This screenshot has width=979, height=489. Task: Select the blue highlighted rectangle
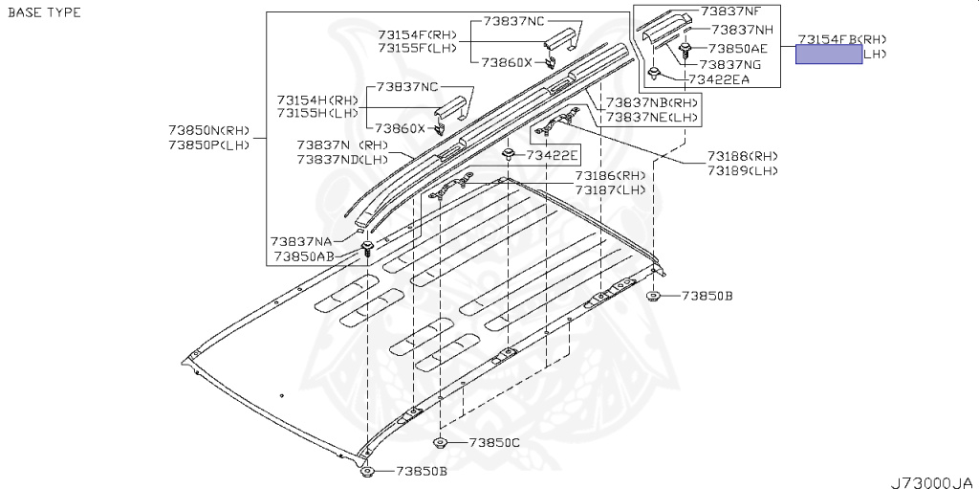click(x=828, y=55)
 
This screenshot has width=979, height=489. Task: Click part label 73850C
click(x=494, y=443)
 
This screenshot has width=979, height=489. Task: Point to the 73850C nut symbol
click(x=440, y=442)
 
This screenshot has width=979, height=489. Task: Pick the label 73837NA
click(x=301, y=242)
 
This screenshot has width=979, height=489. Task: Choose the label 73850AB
click(x=302, y=256)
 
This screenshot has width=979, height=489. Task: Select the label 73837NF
click(x=731, y=11)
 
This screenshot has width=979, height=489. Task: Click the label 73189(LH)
click(x=743, y=170)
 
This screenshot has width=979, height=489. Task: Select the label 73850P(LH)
click(x=208, y=144)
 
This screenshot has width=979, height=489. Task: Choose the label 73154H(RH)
click(x=318, y=100)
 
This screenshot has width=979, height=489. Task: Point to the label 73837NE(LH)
click(x=653, y=117)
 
